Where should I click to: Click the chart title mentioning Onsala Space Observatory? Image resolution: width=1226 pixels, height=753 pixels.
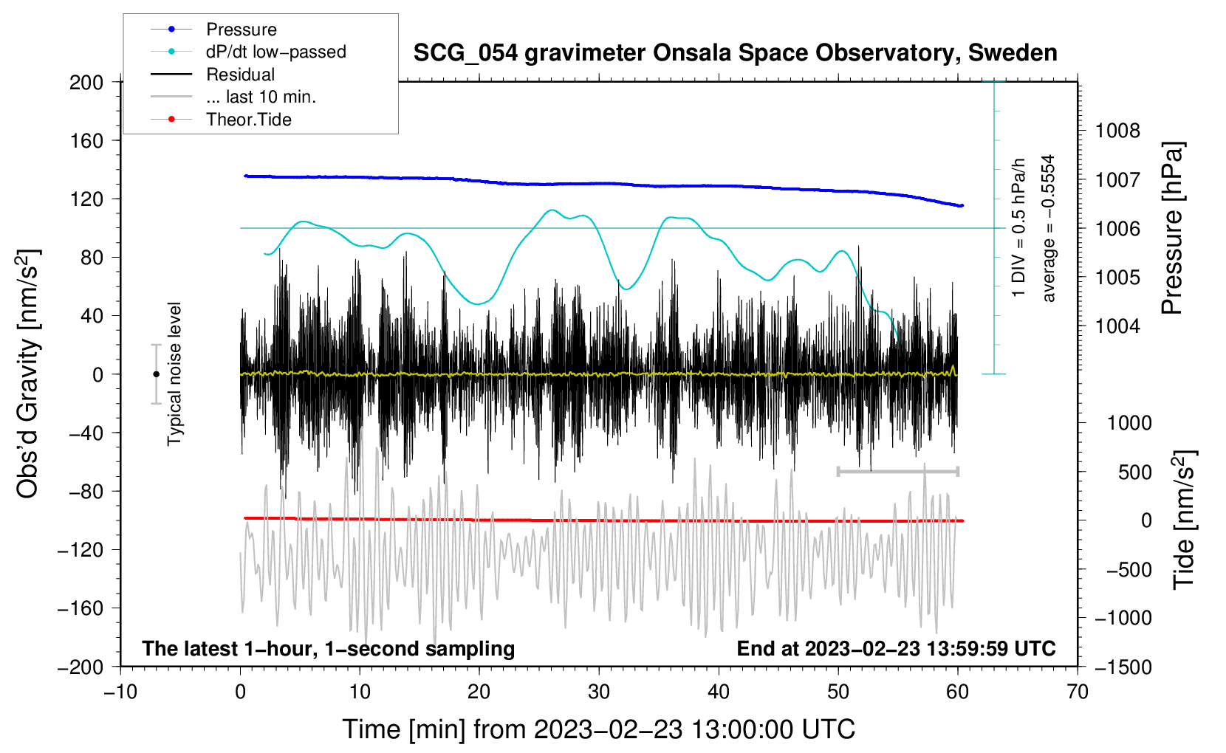pos(735,53)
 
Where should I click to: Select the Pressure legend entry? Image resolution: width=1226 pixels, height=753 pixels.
pos(241,30)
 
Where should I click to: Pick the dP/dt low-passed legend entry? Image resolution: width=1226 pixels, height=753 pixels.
pos(275,52)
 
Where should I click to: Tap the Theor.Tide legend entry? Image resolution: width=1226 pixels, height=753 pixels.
pos(248,120)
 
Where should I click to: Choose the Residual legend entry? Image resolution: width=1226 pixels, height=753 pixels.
pos(240,75)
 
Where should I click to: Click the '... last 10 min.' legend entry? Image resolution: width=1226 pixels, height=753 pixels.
pos(261,97)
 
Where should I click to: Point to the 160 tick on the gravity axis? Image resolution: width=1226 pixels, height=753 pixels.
pos(86,140)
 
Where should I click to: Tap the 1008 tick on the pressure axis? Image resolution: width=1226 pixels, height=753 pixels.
pos(1117,131)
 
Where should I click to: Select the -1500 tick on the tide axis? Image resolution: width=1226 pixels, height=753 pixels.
pos(1123,667)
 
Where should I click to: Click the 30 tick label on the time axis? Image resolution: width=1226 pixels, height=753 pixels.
pos(599,692)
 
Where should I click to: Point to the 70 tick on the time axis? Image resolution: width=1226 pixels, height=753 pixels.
pos(1078,692)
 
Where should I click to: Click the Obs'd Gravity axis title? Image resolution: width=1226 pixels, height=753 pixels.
pos(28,374)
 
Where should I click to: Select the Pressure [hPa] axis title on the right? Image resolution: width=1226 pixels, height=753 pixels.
pos(1173,229)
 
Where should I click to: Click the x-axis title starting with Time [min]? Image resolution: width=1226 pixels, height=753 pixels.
pos(599,729)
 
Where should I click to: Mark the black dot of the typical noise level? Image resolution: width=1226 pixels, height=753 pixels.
pos(156,374)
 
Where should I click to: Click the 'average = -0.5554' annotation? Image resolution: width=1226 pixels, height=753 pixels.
pos(1049,228)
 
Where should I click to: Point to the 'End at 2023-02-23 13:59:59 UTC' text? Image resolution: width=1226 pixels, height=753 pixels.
pos(896,649)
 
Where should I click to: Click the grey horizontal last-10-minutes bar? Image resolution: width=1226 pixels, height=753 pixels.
pos(897,471)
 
